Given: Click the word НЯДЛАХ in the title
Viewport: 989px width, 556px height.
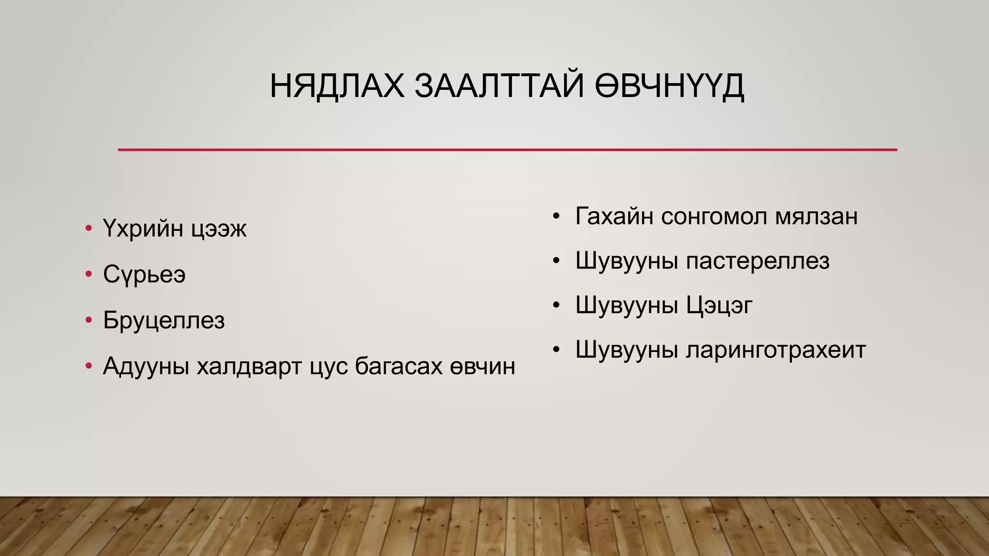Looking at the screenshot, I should click(337, 86).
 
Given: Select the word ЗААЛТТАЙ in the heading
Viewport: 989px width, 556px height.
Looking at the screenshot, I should click(499, 86).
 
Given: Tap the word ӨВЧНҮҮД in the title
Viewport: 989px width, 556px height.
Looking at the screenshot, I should click(669, 86).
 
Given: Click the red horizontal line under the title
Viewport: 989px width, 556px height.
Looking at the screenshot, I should click(507, 150).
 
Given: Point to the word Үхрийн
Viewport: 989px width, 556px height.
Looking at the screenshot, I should click(144, 228).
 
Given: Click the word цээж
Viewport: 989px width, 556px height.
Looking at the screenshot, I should click(219, 230).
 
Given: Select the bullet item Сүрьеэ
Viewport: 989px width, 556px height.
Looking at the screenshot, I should click(144, 274).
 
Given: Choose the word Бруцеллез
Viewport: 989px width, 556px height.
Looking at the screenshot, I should click(164, 320).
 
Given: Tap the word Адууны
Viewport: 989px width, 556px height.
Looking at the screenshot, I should click(145, 366).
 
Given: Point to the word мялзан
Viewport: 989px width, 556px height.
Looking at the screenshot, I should click(816, 216).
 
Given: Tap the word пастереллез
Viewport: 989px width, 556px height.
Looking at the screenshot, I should click(758, 261).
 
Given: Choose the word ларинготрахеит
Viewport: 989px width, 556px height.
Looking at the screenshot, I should click(776, 350).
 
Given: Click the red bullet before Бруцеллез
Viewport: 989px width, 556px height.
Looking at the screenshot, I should click(88, 320).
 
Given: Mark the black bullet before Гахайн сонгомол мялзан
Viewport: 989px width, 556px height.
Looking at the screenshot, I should click(556, 216).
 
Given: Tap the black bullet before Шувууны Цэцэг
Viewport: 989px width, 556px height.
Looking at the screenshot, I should click(556, 306).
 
